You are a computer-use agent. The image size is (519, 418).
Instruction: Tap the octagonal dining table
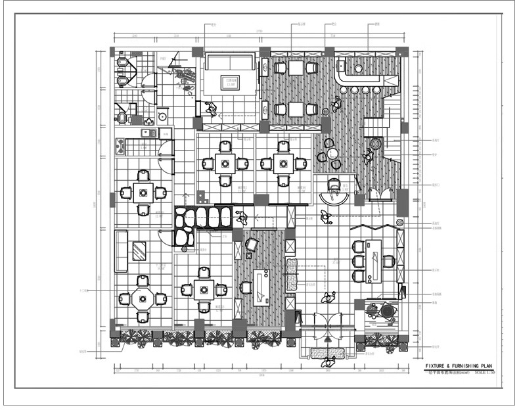tap(143, 298)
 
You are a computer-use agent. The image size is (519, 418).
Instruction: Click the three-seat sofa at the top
tap(230, 62)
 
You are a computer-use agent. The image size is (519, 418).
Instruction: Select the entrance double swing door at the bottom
tap(327, 326)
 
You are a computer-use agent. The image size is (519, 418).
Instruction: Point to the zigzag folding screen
tap(371, 227)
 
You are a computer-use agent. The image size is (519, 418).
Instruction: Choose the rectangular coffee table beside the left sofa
tap(140, 251)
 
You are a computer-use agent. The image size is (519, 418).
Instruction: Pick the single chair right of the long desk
tap(390, 260)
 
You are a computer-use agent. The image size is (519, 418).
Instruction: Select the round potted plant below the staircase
tap(376, 143)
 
